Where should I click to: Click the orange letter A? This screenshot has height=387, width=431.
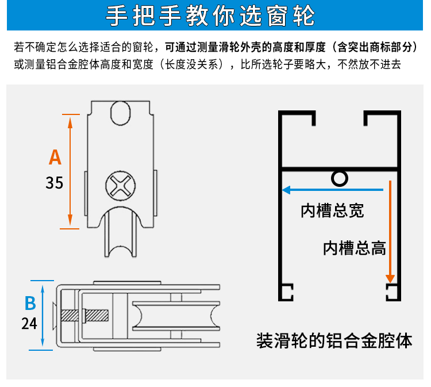(55, 156)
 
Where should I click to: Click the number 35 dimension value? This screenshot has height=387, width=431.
(54, 183)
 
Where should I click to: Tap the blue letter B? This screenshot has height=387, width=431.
(30, 303)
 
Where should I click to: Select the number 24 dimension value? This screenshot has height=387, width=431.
(29, 324)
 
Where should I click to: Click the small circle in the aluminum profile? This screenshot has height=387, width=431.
(339, 179)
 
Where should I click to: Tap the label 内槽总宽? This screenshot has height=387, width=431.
(332, 211)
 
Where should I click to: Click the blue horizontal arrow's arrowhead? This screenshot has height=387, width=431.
(286, 189)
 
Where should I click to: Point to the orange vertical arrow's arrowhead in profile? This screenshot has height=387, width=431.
(391, 276)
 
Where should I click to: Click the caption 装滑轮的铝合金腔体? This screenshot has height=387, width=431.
(334, 340)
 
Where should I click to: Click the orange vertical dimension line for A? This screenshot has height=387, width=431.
(70, 171)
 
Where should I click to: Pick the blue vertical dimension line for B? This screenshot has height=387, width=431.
(43, 315)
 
